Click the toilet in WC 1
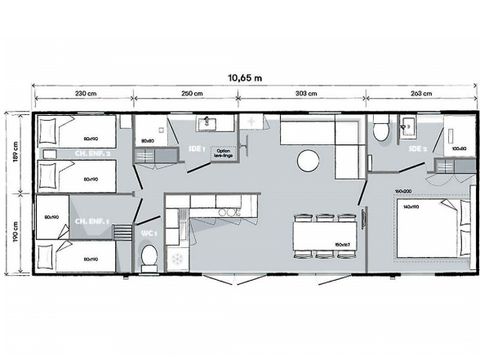pos(149,256)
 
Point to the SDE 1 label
pos(197,150)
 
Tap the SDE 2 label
pos(418,149)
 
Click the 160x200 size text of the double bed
pos(403,189)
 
